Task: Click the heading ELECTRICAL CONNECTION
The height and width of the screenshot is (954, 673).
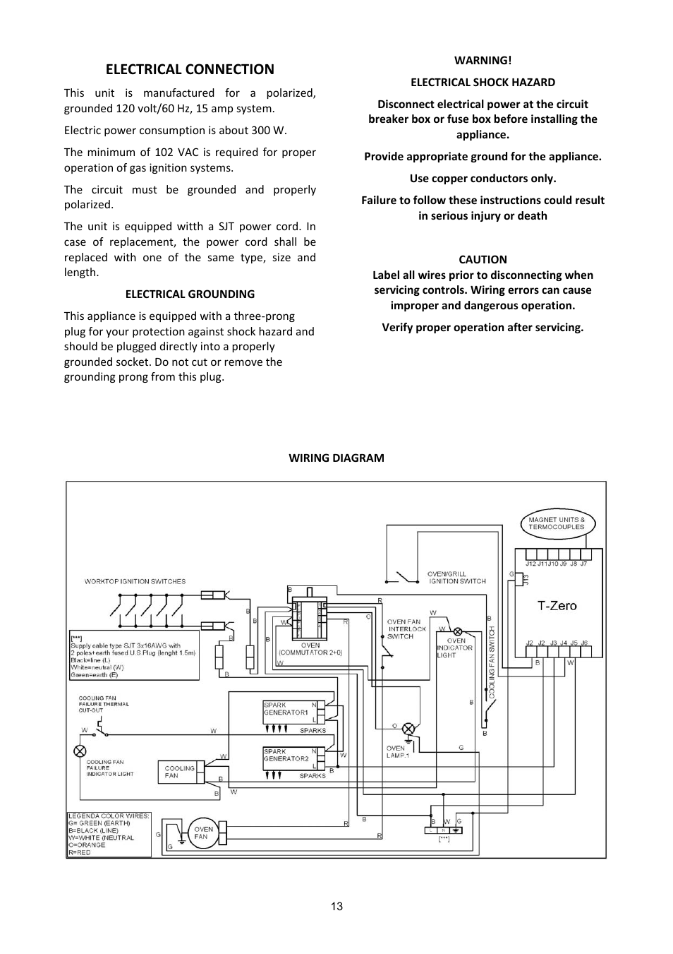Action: click(190, 69)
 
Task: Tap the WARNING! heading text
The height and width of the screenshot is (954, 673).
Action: click(483, 61)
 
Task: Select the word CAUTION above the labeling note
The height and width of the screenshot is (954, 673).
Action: click(483, 260)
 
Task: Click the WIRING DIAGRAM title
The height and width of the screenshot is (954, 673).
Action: click(336, 458)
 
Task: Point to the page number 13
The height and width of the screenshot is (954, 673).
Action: click(336, 906)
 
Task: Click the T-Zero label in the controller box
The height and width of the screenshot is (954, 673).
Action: click(557, 606)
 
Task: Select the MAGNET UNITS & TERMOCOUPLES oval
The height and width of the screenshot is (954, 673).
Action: click(557, 523)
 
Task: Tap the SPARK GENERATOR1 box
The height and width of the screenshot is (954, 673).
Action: click(291, 712)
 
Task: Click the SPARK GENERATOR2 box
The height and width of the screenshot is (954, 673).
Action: click(291, 758)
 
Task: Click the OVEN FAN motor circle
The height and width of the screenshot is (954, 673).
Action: click(203, 833)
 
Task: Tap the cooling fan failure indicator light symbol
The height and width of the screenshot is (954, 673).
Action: click(80, 751)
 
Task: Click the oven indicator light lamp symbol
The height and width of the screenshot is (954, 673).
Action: click(458, 631)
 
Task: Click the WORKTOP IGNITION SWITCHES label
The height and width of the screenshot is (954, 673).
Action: click(135, 582)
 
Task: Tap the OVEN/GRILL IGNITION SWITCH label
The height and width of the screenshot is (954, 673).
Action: click(457, 578)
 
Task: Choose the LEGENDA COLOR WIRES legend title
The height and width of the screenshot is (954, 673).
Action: click(109, 816)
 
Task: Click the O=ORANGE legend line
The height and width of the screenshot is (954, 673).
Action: click(87, 845)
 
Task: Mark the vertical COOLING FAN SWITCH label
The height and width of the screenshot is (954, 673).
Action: click(492, 662)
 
